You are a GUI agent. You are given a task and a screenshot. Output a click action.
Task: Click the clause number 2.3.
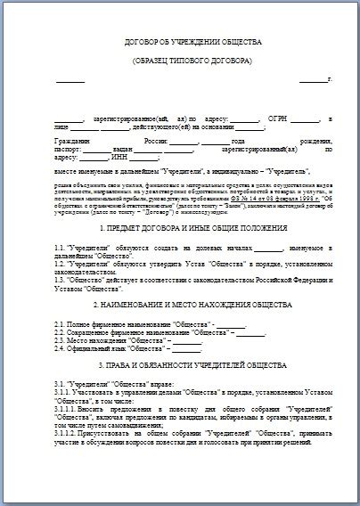tap(61, 340)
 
